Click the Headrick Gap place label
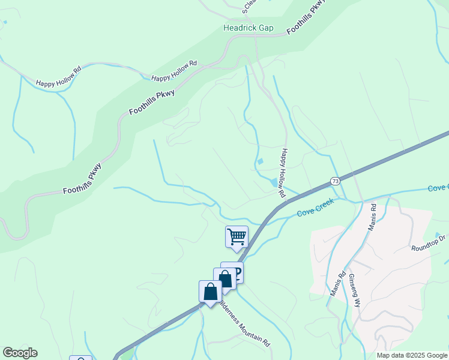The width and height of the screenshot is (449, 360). [249, 28]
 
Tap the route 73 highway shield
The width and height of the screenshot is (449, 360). [335, 181]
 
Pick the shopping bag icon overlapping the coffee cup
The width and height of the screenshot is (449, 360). [224, 279]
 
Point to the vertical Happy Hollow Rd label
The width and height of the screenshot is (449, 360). [283, 173]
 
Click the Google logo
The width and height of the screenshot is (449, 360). [20, 353]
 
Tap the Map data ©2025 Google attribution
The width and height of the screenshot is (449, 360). [412, 355]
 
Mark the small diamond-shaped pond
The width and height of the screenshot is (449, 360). [260, 161]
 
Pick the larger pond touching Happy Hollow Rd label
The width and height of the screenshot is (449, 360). [274, 182]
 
